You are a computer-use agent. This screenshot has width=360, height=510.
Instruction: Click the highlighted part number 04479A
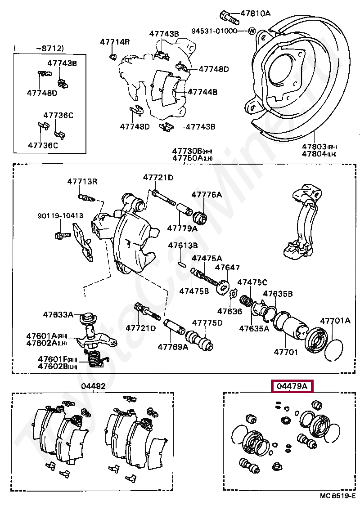coord(292,386)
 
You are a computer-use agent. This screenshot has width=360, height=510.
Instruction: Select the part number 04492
coord(94,386)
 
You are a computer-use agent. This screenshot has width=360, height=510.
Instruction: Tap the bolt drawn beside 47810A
coord(229,17)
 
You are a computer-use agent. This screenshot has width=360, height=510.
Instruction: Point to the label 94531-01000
coord(214,31)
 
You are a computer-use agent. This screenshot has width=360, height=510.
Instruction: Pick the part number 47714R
coord(115,42)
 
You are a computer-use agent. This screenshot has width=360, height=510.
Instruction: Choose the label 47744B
coord(202,92)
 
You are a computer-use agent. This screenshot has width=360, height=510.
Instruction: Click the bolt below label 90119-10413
coord(62,235)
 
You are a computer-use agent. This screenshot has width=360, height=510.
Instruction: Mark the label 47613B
coord(183,246)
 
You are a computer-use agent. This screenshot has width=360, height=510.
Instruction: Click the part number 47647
coord(227,268)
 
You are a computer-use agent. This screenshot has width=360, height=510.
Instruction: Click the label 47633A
coord(58,314)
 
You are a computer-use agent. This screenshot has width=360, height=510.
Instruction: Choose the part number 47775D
coord(207,323)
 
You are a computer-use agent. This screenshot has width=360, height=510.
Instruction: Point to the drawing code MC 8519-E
coord(337,496)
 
